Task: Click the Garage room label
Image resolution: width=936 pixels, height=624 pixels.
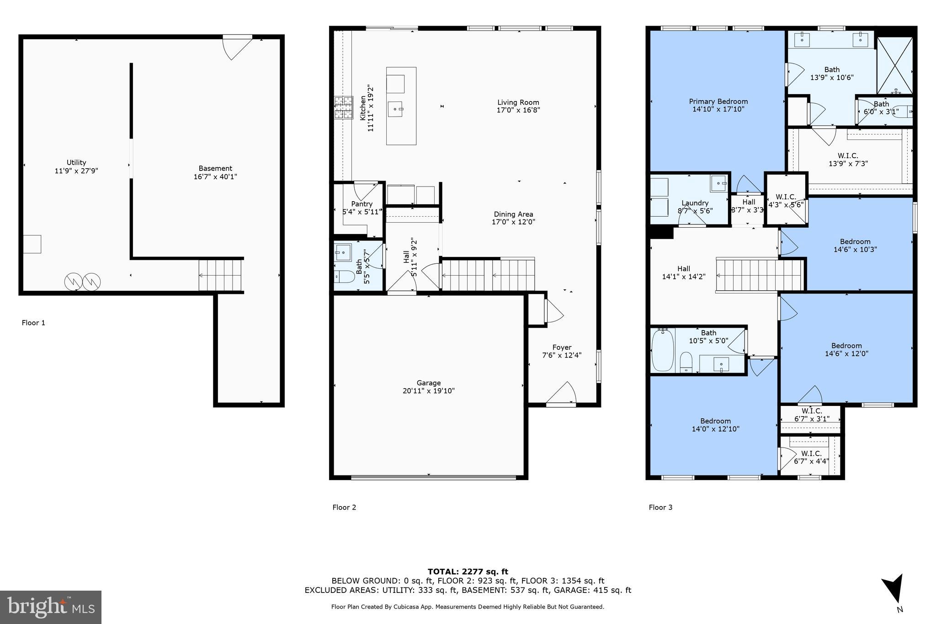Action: [x=428, y=383]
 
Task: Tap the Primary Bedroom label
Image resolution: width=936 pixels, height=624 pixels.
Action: [x=718, y=101]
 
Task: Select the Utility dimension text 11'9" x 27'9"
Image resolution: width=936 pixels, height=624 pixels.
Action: [x=76, y=171]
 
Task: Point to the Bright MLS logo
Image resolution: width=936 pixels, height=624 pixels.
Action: [x=51, y=607]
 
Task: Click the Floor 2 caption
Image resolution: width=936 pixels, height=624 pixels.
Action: [x=344, y=507]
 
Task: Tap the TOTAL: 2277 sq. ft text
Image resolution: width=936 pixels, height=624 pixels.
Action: [x=468, y=571]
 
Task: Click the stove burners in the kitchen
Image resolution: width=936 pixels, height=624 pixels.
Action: [x=343, y=107]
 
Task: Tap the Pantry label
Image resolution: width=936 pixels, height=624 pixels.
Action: [x=362, y=204]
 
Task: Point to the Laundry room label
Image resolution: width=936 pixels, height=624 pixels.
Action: [x=695, y=203]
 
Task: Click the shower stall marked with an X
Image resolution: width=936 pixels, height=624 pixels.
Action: [x=895, y=65]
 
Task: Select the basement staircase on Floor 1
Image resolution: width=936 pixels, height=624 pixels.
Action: [x=220, y=275]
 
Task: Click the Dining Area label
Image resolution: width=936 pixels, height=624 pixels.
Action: [x=513, y=214]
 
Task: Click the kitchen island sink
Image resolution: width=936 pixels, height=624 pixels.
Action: [x=395, y=109]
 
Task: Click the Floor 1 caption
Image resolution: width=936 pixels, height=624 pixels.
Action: [x=33, y=323]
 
